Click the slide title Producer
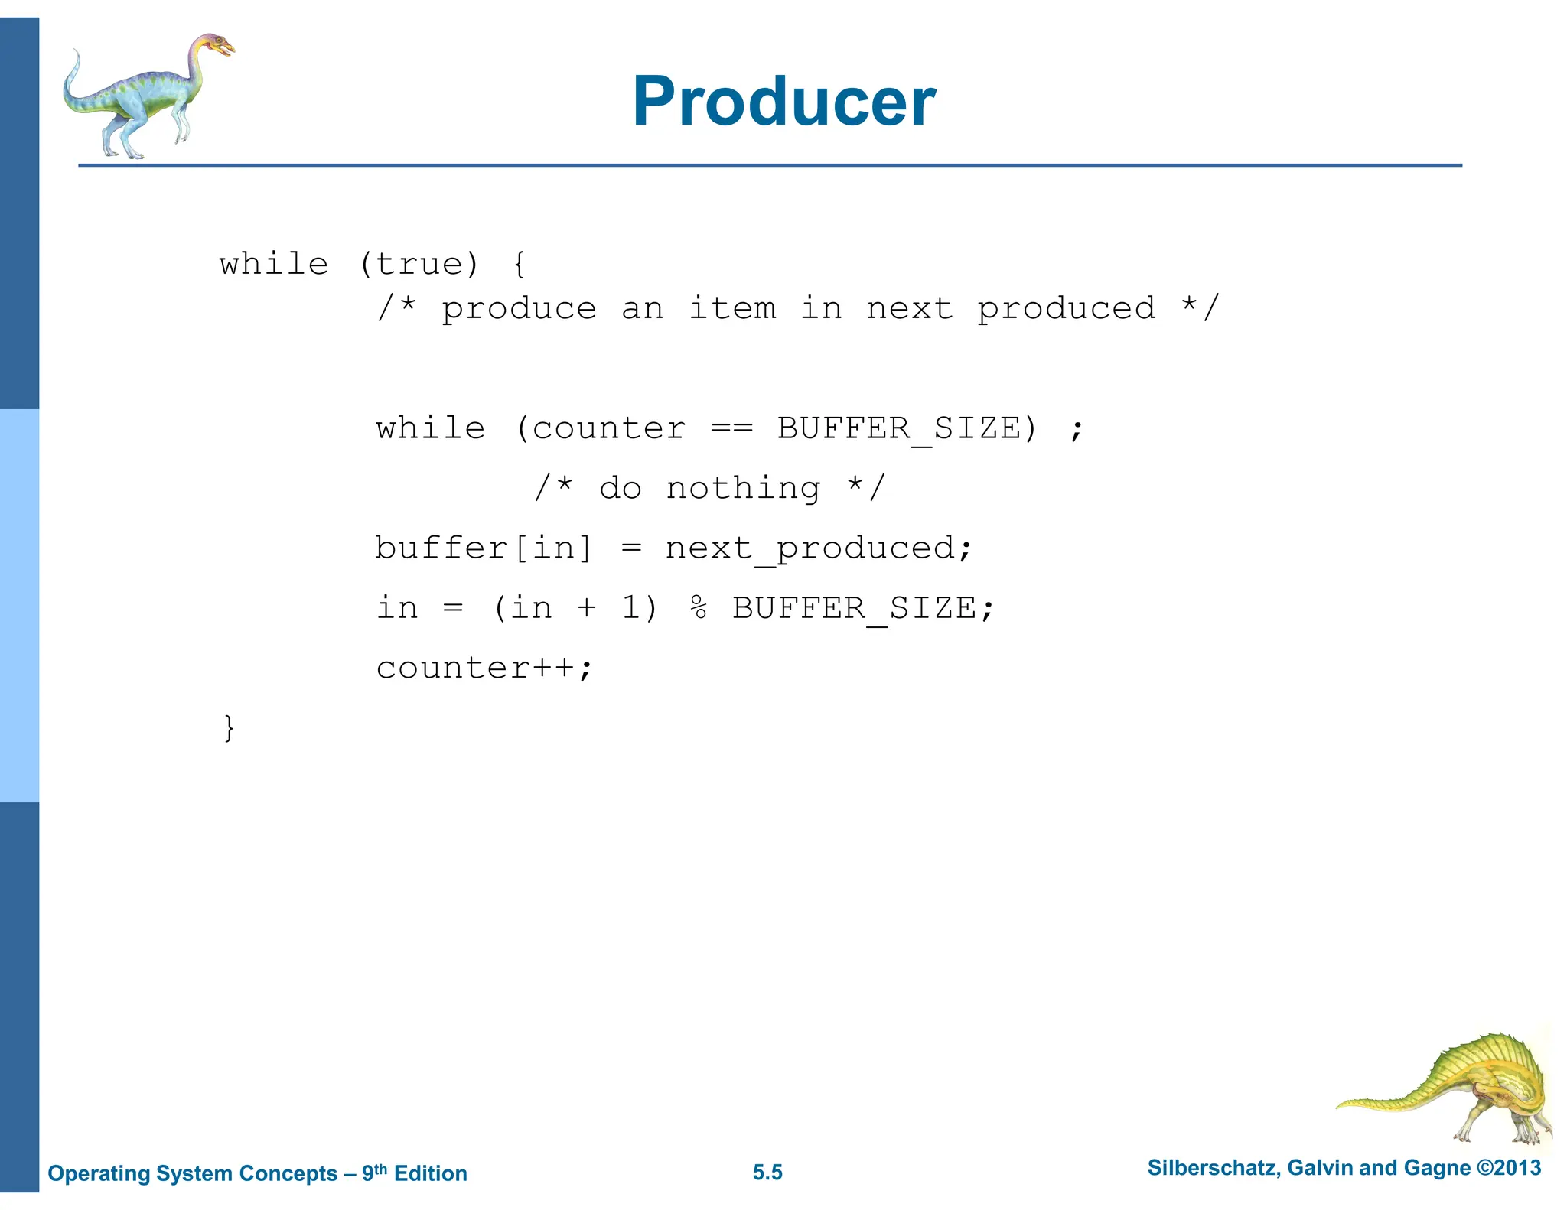783,102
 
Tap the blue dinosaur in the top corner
145,96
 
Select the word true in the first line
419,265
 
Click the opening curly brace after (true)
519,265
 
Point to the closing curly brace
229,727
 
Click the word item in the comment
732,309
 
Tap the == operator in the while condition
731,428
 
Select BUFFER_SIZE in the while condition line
899,429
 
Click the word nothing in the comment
743,489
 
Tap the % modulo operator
698,608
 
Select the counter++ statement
484,668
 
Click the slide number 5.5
767,1173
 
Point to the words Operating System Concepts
192,1173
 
